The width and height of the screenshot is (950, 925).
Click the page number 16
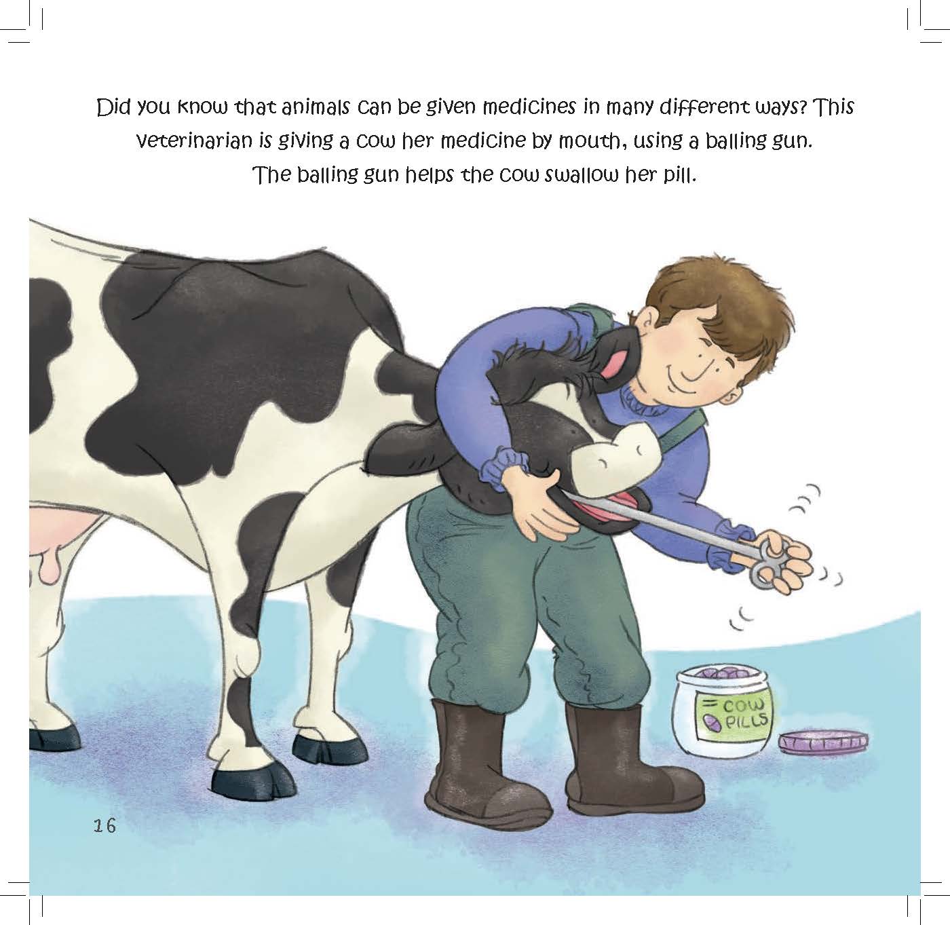pyautogui.click(x=105, y=825)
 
